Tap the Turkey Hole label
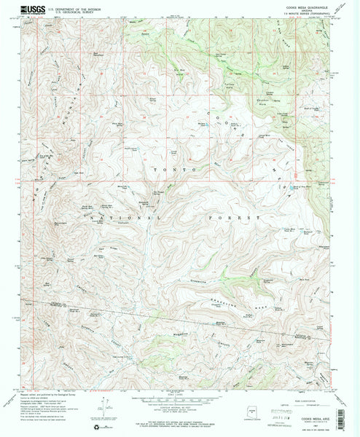pyautogui.click(x=232, y=86)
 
